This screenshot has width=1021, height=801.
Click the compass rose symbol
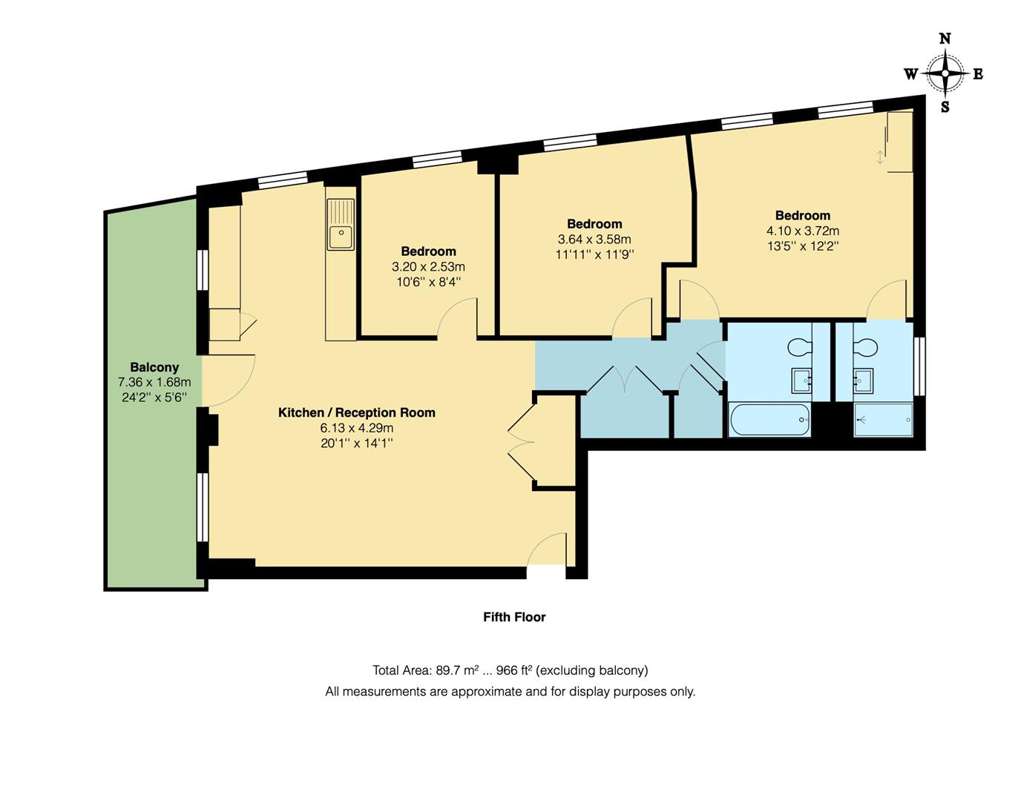pos(945,73)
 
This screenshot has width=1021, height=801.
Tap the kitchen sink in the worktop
pos(341,237)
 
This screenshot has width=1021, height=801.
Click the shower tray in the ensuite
pos(883,420)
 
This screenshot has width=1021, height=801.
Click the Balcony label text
pos(154,367)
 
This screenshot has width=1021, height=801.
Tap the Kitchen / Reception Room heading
pos(356,412)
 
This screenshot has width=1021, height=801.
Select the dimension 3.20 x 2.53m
pos(428,267)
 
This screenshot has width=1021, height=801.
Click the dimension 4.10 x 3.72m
pos(803,231)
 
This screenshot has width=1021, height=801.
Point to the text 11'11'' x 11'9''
pos(594,254)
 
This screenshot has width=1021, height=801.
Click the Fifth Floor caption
pos(514,617)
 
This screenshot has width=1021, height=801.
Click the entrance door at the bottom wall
pos(548,553)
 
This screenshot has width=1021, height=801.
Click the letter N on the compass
pos(945,39)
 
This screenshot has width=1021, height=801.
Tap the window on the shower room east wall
pos(919,366)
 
